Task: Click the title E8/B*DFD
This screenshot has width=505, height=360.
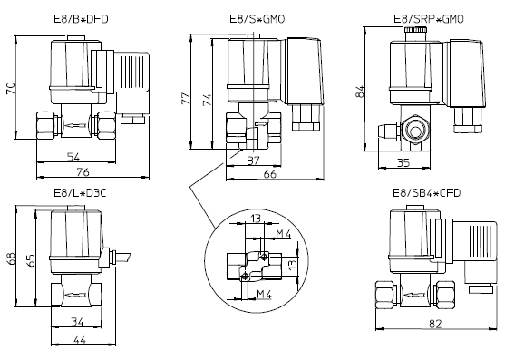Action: [81, 19]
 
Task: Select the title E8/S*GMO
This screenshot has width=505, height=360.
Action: [257, 19]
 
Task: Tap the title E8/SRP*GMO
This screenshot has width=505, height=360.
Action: [429, 19]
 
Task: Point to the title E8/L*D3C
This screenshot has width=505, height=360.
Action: [80, 193]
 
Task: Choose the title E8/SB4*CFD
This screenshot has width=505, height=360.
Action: [427, 193]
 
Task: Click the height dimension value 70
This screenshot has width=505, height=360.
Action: [11, 88]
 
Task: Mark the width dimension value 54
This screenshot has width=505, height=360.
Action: [73, 157]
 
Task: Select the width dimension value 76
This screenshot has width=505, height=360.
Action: [83, 172]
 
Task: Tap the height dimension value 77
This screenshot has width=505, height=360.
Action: [186, 99]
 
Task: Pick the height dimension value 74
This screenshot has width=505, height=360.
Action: [207, 100]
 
